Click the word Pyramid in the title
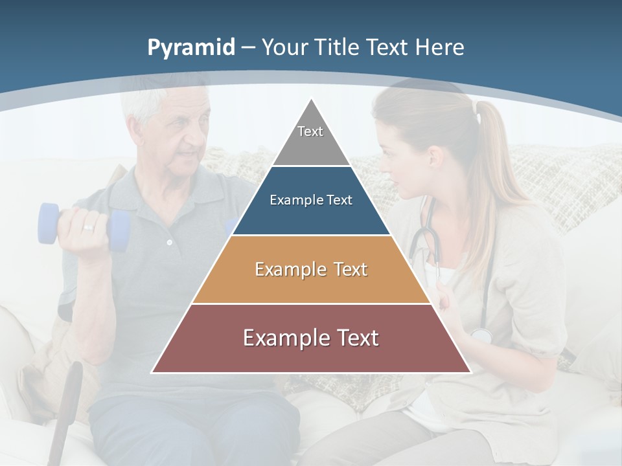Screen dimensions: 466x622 190,47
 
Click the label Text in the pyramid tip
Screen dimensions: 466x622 310,131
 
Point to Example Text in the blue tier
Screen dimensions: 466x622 311,200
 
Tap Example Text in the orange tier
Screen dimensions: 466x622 311,269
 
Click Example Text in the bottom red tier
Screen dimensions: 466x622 311,338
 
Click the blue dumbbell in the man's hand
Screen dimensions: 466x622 49,224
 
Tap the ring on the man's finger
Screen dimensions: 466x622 88,228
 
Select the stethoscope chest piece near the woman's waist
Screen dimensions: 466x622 481,335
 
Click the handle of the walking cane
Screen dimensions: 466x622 71,382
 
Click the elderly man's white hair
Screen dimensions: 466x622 146,104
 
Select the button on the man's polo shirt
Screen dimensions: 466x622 170,243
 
